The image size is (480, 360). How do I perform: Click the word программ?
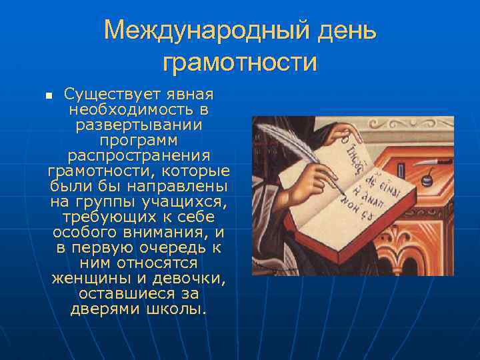point(139,140)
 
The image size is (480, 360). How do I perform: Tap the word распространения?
point(139,155)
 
